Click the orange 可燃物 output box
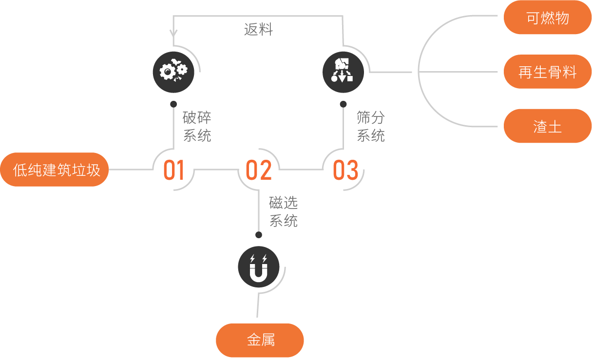[548, 18]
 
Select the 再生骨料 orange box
[548, 72]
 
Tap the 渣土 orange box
[548, 126]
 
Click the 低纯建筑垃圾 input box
[55, 170]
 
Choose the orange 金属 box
[260, 340]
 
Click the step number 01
[173, 170]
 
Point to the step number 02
[259, 170]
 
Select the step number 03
[345, 170]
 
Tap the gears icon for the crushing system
[173, 72]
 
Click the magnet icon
[259, 266]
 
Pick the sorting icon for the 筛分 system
[344, 72]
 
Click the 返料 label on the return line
[258, 30]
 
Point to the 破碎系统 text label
[197, 126]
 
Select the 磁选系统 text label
[283, 211]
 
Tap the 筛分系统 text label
[370, 126]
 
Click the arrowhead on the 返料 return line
[173, 33]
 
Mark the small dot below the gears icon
[173, 104]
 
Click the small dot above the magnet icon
[259, 235]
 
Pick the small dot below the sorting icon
[344, 104]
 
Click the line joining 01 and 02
[216, 170]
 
